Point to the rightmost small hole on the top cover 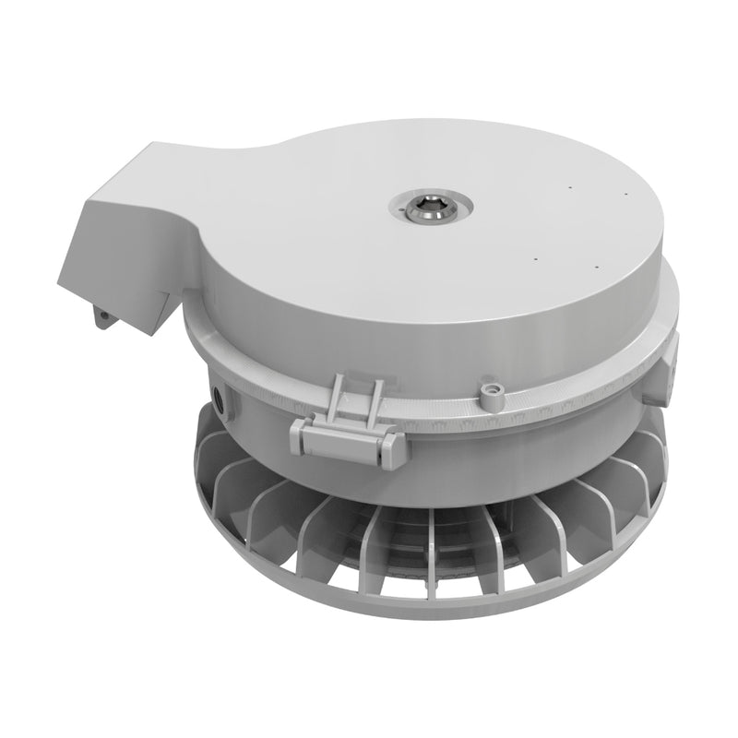[625, 196]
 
